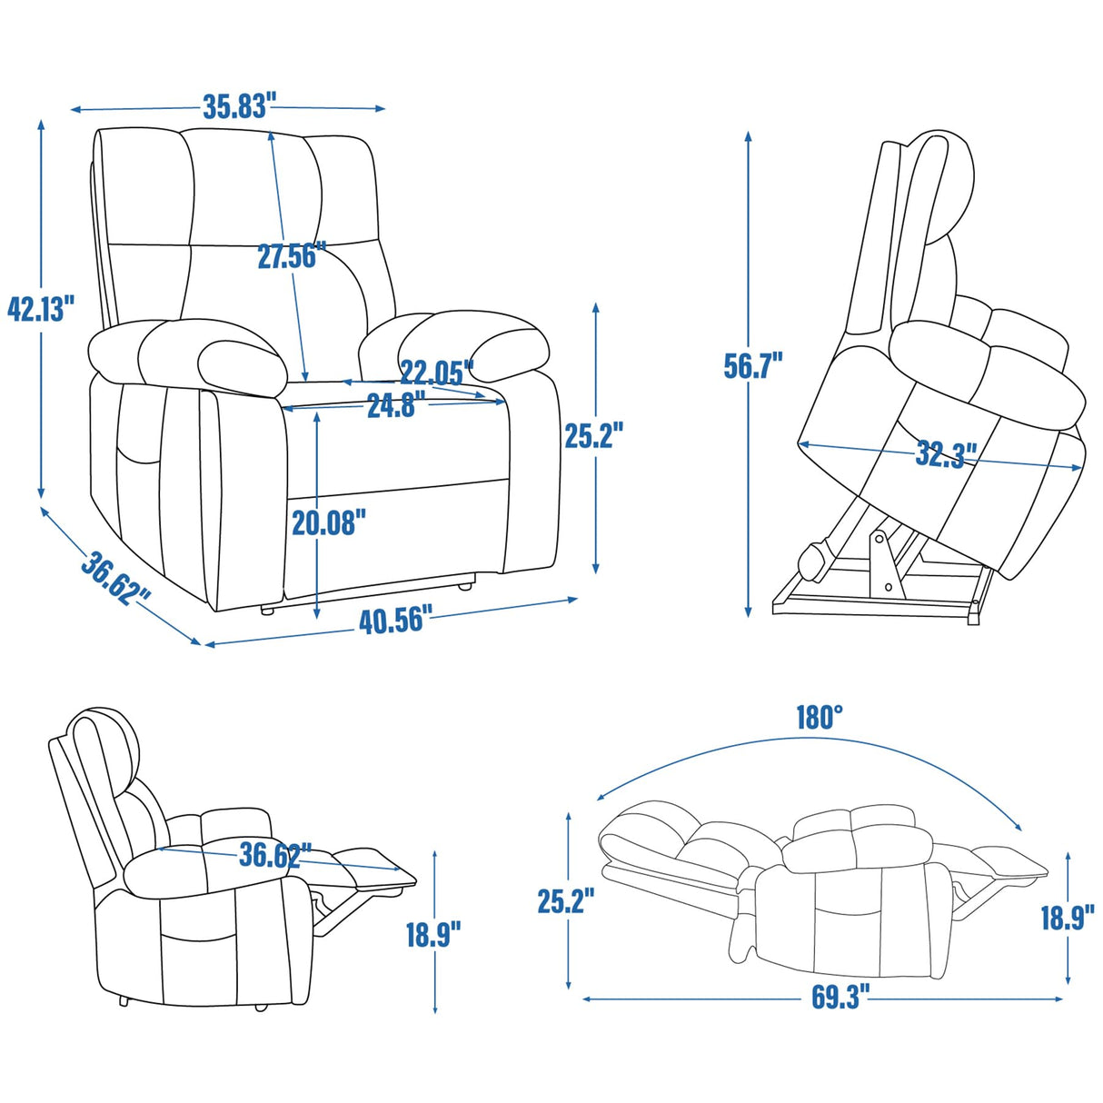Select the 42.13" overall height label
tap(40, 308)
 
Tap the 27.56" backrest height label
tap(286, 256)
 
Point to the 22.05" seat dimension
tap(437, 373)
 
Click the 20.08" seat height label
tap(329, 522)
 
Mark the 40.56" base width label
tap(392, 621)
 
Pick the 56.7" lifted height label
tap(752, 365)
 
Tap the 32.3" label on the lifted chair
tap(945, 452)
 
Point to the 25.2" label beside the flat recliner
tap(565, 901)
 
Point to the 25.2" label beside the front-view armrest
tap(593, 436)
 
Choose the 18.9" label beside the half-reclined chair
tap(432, 933)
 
